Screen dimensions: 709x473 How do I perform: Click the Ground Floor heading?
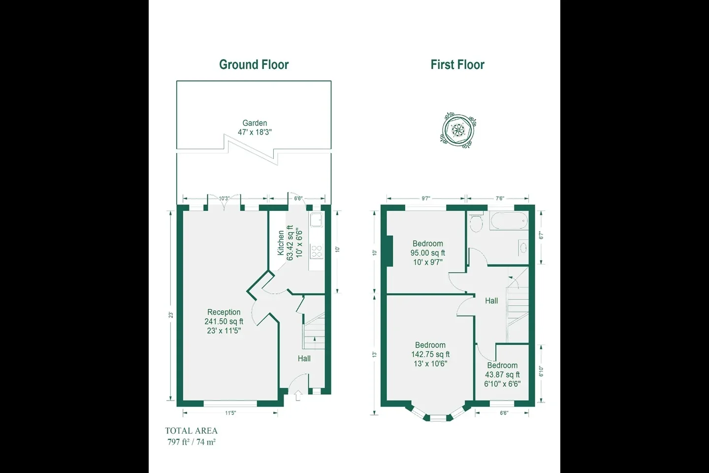(x=254, y=65)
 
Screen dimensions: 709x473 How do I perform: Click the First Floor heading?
(x=457, y=65)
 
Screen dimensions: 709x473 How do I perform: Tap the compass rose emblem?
(x=458, y=130)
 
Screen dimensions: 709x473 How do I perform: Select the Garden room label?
(x=255, y=123)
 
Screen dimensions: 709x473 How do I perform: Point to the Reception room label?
(x=224, y=312)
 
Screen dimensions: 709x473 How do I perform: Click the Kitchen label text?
(x=281, y=243)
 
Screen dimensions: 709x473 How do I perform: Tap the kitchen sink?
(x=317, y=220)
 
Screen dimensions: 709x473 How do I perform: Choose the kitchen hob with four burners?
(x=317, y=251)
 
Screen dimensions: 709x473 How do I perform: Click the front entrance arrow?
(x=298, y=395)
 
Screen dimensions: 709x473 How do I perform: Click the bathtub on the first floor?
(x=509, y=220)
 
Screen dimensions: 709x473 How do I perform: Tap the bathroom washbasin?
(x=523, y=247)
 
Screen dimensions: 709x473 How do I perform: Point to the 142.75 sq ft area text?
(x=430, y=354)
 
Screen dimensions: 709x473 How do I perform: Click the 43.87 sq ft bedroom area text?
(x=502, y=375)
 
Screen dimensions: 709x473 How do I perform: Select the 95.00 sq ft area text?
(x=427, y=253)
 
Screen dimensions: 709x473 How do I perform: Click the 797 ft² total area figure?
(x=178, y=442)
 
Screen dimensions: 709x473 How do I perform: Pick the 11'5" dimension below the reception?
(x=231, y=413)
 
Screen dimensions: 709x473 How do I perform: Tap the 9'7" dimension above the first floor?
(x=426, y=199)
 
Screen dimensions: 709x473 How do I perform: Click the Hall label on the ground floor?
(x=304, y=358)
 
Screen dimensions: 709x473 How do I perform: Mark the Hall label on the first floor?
(x=491, y=301)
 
